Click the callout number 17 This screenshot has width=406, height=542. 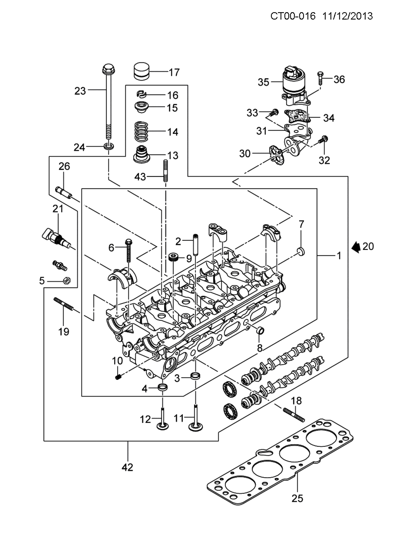coord(174,73)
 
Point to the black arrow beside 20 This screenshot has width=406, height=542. coord(356,247)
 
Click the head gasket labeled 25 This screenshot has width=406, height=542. coord(282,461)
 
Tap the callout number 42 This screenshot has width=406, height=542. coord(127,467)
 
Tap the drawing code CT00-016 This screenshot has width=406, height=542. coord(295,16)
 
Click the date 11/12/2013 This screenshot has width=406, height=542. coord(348,16)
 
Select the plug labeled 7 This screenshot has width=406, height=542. coord(300,251)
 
